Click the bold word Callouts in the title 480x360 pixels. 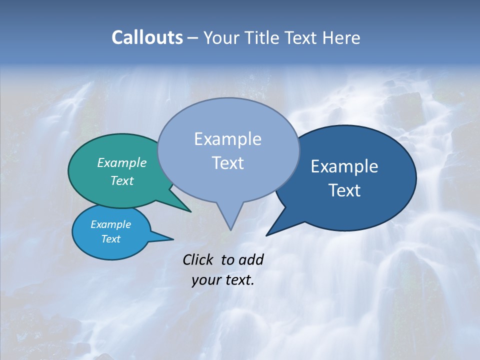point(147,37)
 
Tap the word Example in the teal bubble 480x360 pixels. point(122,162)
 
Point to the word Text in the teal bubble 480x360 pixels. point(122,180)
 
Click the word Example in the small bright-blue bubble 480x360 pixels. point(111,224)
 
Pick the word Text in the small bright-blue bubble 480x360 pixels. point(111,239)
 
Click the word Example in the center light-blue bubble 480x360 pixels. point(228,139)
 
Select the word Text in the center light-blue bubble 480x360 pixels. point(228,163)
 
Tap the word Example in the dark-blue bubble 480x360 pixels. point(344,166)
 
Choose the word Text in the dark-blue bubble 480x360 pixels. point(344,190)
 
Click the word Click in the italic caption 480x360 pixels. point(198,259)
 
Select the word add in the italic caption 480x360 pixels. point(250,259)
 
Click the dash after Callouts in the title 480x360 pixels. point(193,38)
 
